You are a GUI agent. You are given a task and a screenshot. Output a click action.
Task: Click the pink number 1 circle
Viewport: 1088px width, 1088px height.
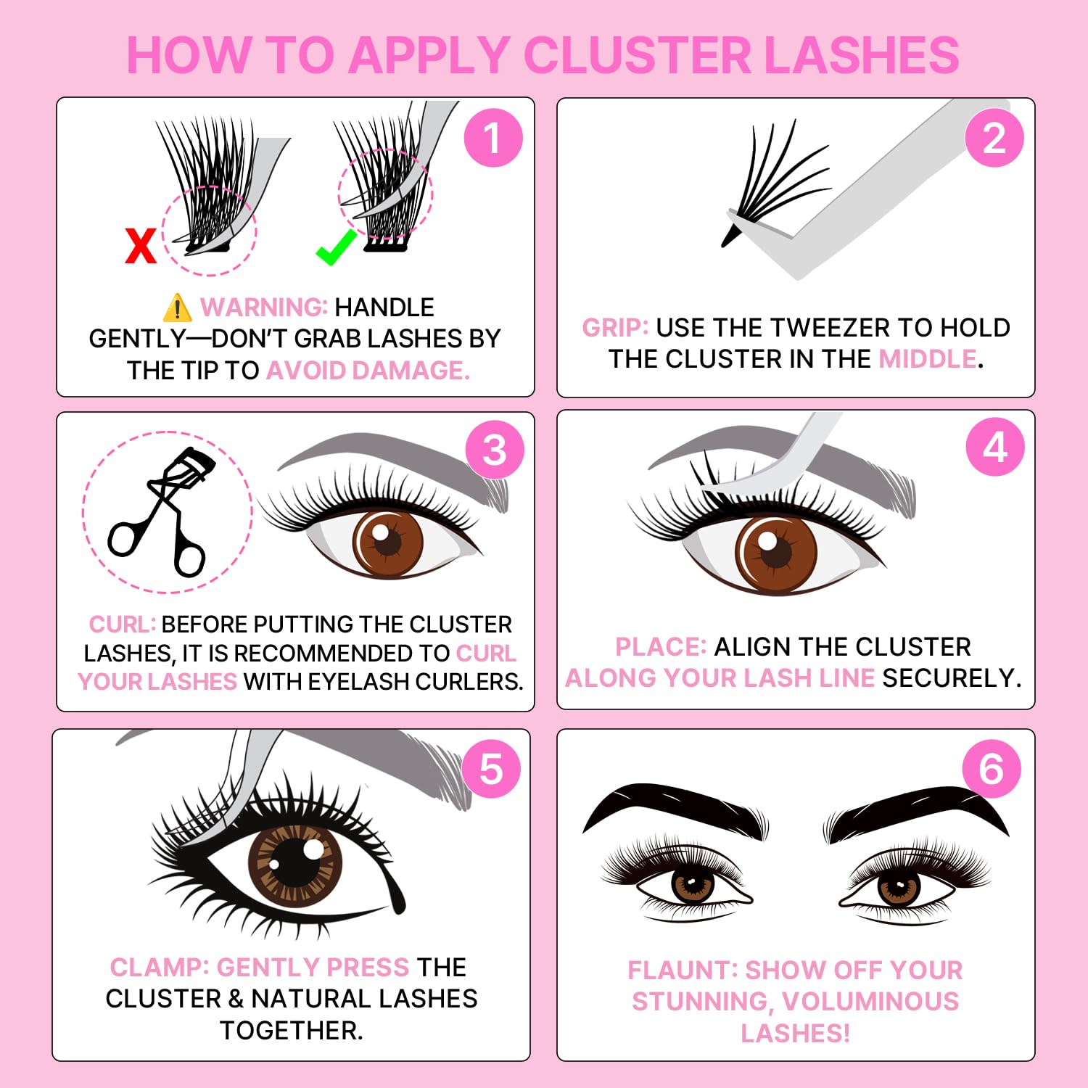pos(493,138)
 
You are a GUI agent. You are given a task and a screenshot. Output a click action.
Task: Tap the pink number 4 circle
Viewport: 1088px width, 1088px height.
pos(995,447)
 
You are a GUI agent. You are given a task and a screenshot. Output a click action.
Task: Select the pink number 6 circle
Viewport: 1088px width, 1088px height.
pos(992,769)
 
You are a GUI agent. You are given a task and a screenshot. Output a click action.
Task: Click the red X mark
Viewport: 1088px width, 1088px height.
pos(141,246)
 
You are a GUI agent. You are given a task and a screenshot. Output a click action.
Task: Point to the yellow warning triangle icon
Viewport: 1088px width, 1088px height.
pos(177,308)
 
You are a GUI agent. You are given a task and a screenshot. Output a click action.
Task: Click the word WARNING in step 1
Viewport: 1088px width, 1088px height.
pos(264,308)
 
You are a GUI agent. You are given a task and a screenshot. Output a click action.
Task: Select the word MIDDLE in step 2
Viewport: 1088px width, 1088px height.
pos(928,359)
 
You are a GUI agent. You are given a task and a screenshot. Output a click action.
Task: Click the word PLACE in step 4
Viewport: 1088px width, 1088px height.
pos(660,646)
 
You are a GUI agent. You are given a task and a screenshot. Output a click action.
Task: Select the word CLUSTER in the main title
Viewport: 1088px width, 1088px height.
pos(637,55)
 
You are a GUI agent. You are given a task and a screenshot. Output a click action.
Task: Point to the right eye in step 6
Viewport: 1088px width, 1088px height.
pos(899,886)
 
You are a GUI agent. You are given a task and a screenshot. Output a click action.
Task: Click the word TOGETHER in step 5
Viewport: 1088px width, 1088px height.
pos(291,1030)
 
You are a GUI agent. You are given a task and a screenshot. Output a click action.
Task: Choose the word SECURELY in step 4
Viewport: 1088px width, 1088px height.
pos(951,677)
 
